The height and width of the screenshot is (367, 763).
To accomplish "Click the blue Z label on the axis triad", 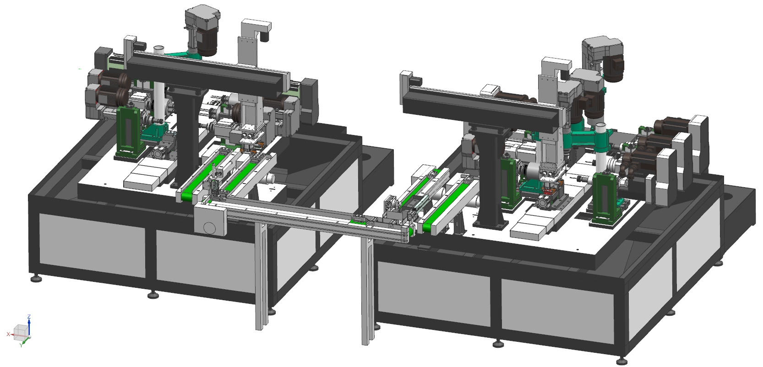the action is tap(29, 317).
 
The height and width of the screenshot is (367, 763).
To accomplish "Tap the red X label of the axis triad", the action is tap(8, 334).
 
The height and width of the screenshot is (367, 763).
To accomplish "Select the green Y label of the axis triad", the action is tap(21, 345).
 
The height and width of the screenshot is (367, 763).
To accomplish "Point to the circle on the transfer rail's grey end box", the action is tap(209, 227).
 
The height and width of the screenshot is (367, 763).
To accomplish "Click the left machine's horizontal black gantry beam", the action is tap(208, 73).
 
